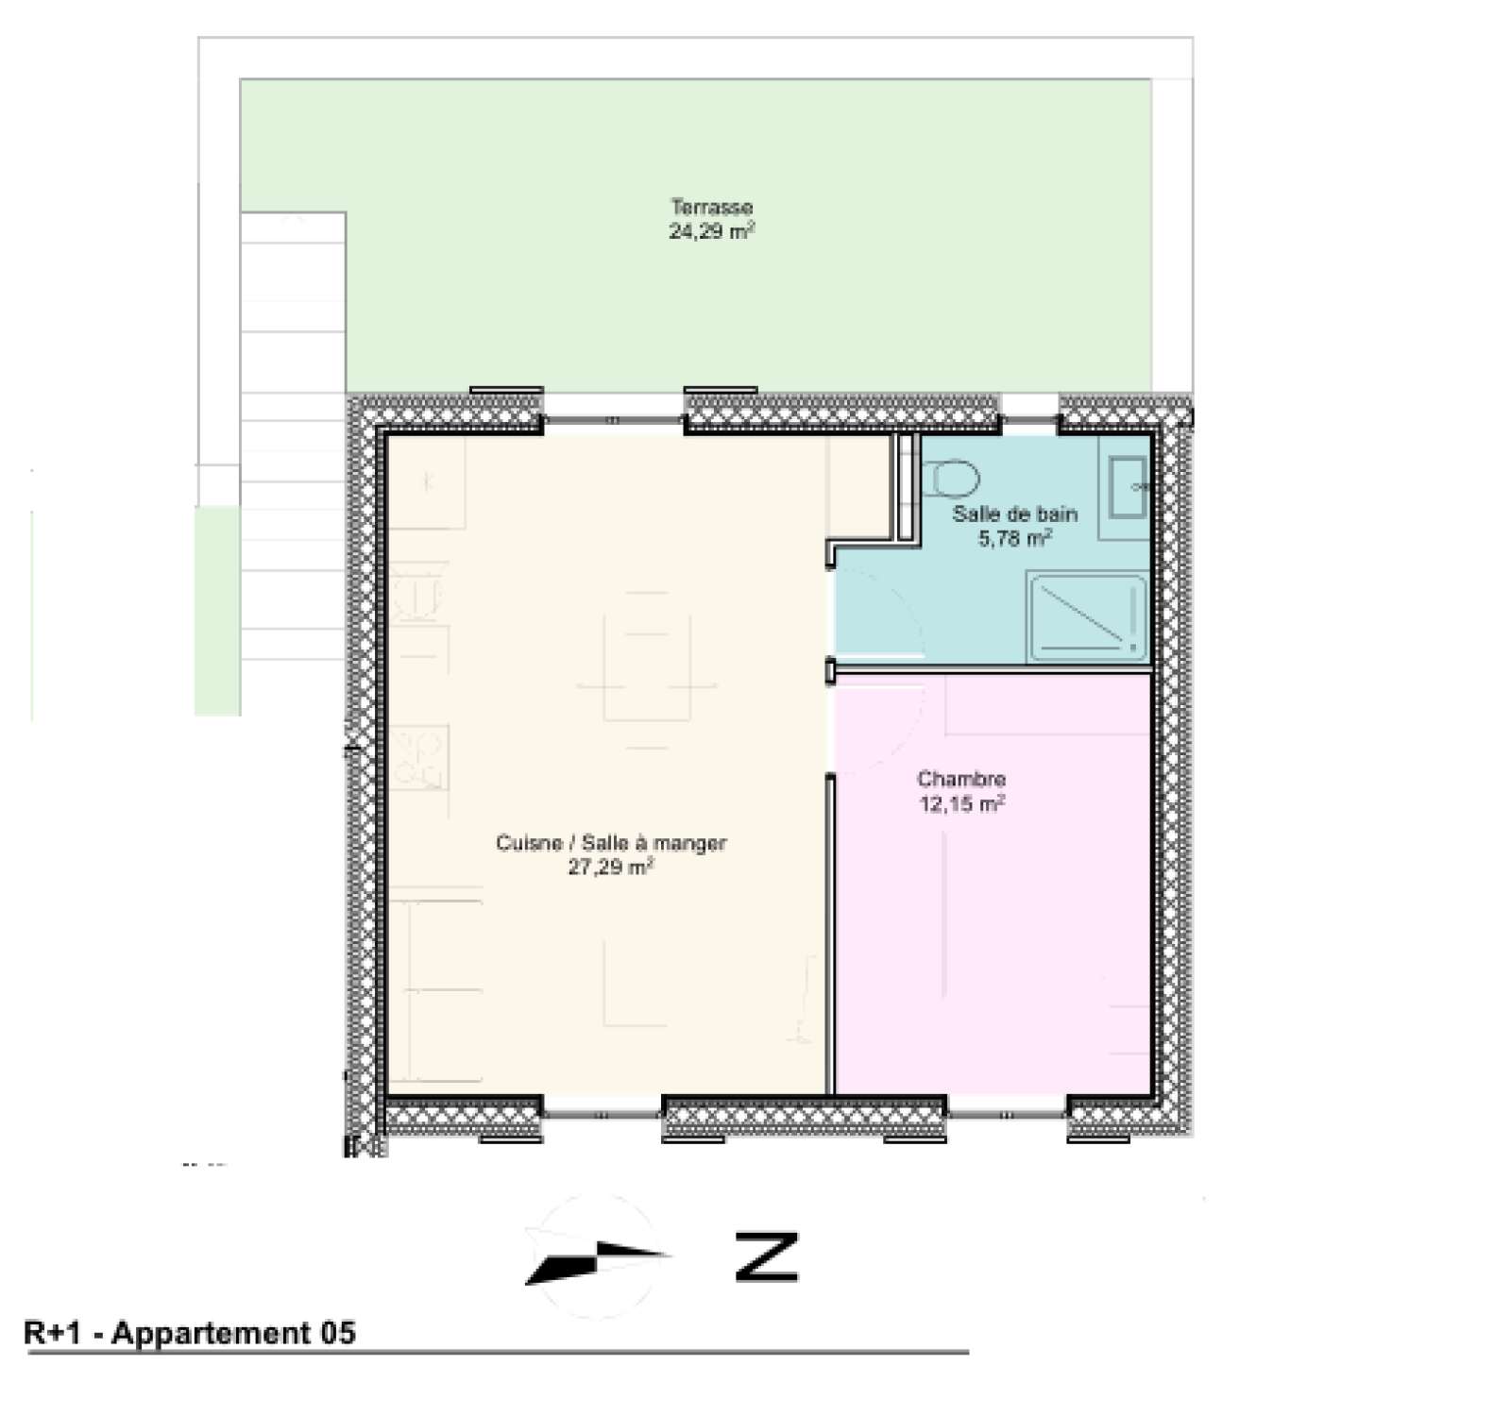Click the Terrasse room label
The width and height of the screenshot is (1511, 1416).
tap(712, 207)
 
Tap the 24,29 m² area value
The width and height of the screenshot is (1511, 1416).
tap(712, 231)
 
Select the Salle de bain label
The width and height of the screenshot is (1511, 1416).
tap(1015, 514)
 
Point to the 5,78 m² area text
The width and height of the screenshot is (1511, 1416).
tap(1015, 539)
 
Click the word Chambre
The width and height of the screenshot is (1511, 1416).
tap(961, 779)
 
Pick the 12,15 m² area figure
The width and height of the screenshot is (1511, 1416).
tap(961, 804)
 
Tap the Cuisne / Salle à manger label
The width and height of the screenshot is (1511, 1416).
tap(611, 843)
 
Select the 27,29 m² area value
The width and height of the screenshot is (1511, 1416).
tap(611, 868)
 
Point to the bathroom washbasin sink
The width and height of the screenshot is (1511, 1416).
tap(1128, 487)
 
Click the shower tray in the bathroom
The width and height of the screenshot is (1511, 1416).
tap(1087, 618)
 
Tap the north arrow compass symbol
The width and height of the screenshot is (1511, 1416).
tap(597, 1256)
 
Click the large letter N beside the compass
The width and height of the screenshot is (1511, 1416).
tap(767, 1256)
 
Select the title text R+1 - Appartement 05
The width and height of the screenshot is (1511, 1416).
tap(190, 1333)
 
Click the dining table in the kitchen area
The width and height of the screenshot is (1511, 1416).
tap(647, 657)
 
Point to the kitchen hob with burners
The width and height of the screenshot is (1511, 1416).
tap(416, 757)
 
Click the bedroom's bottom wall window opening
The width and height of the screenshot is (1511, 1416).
tap(1007, 1107)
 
